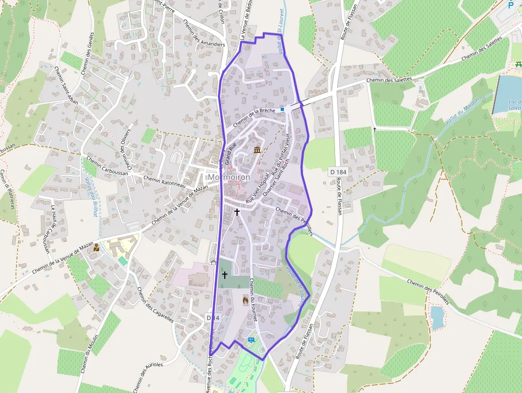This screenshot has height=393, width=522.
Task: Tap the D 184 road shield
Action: point(338,172)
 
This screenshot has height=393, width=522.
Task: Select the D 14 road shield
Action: point(213,318)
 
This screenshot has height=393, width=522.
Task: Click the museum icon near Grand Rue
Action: point(257,150)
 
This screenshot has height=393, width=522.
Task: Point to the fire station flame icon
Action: point(245,300)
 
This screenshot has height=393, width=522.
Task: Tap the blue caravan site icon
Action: point(251,339)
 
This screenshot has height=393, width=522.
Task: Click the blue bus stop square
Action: point(282,109)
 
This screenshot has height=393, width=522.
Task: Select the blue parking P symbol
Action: point(511,5)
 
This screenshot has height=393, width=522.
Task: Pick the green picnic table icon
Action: point(518,65)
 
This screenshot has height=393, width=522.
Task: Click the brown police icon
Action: point(96,248)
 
